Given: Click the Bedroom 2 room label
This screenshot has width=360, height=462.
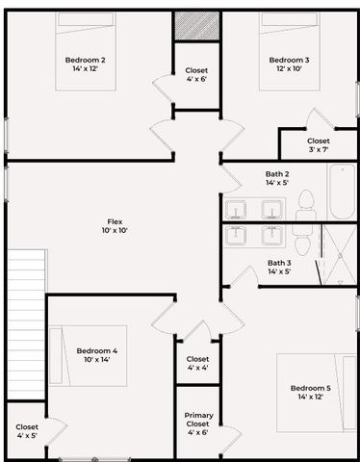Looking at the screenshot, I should pyautogui.click(x=89, y=60).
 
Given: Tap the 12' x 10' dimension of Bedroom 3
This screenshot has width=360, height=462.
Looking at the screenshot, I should pyautogui.click(x=289, y=69).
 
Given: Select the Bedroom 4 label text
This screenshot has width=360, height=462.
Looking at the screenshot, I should pyautogui.click(x=97, y=350).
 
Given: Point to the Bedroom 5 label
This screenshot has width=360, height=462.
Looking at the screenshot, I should pyautogui.click(x=310, y=388).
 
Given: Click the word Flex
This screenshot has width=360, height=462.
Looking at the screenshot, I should pyautogui.click(x=115, y=220).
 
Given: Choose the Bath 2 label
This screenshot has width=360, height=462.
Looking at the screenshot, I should pyautogui.click(x=278, y=174).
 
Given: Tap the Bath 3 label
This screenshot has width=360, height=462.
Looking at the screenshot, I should pyautogui.click(x=278, y=263).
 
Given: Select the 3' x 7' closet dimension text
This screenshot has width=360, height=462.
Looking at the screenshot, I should pyautogui.click(x=318, y=150).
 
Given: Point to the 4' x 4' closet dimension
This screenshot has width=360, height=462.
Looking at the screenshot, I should pyautogui.click(x=197, y=368).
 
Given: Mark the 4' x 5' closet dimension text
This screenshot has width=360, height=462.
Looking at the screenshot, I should pyautogui.click(x=27, y=436).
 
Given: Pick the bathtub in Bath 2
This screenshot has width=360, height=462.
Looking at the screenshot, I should pyautogui.click(x=341, y=192).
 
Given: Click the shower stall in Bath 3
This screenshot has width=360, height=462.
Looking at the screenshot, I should pyautogui.click(x=337, y=254).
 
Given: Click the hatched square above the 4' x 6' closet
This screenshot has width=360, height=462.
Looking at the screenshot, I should pyautogui.click(x=196, y=26).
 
